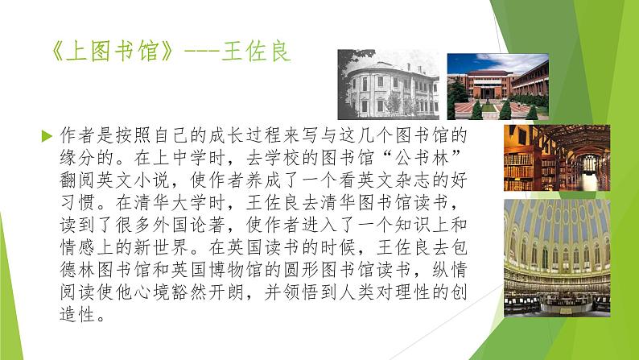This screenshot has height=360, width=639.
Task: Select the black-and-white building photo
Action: pos(389,85)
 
